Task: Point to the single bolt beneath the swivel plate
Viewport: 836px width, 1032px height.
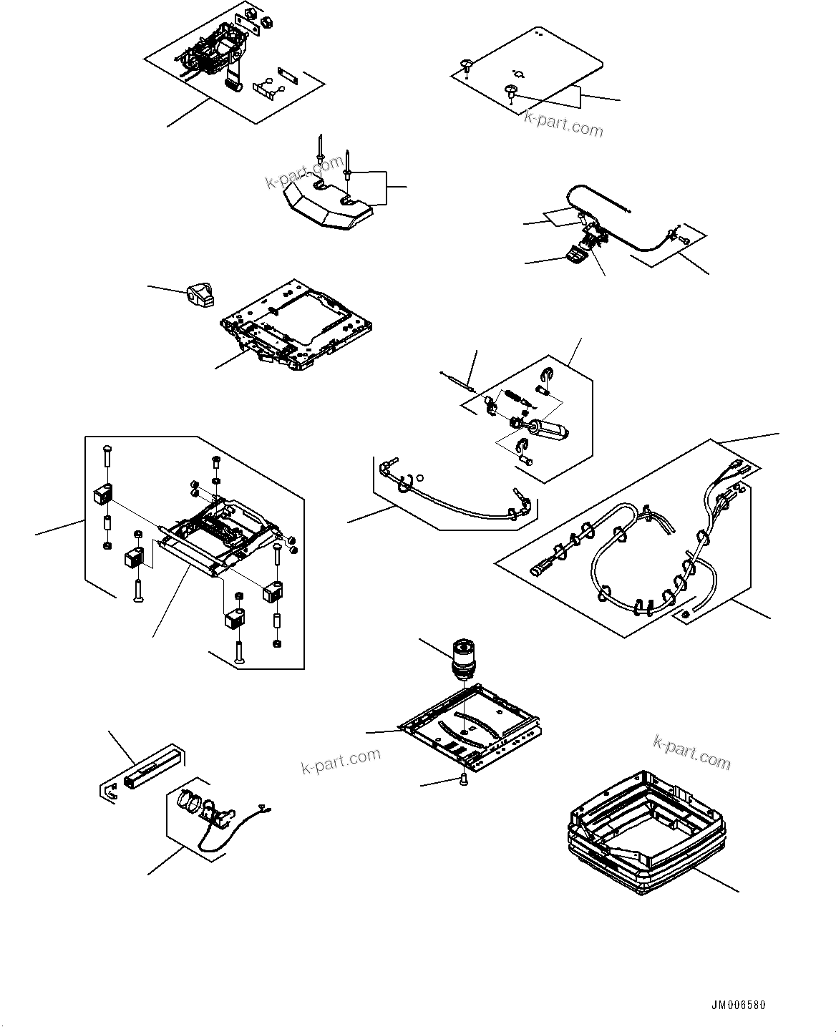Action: click(463, 778)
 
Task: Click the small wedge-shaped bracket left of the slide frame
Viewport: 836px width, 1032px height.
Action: click(200, 293)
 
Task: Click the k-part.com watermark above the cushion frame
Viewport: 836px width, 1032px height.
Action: click(691, 752)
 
